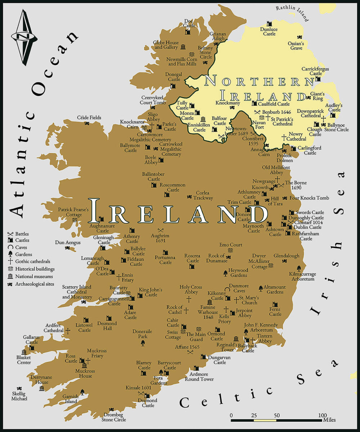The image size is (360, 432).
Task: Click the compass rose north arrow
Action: [x=24, y=37]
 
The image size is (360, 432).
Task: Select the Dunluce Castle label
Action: [x=269, y=31]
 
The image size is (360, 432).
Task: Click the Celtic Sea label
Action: [x=259, y=389]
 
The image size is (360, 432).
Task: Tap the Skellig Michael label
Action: [x=19, y=396]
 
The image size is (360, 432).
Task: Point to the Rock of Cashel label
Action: [x=175, y=310]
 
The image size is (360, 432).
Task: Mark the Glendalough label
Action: [x=286, y=256]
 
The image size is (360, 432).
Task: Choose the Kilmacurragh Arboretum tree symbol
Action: [x=299, y=268]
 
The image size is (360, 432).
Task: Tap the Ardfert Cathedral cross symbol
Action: [x=68, y=330]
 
